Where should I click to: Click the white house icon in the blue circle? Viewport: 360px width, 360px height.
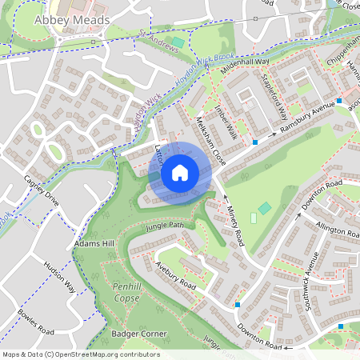[x=180, y=172]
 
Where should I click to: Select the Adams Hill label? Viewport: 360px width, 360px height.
[x=90, y=242]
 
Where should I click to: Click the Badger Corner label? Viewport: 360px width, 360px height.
[x=138, y=332]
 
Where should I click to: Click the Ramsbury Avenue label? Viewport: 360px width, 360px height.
[x=307, y=118]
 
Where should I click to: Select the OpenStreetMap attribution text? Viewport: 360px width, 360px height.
[x=80, y=354]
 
